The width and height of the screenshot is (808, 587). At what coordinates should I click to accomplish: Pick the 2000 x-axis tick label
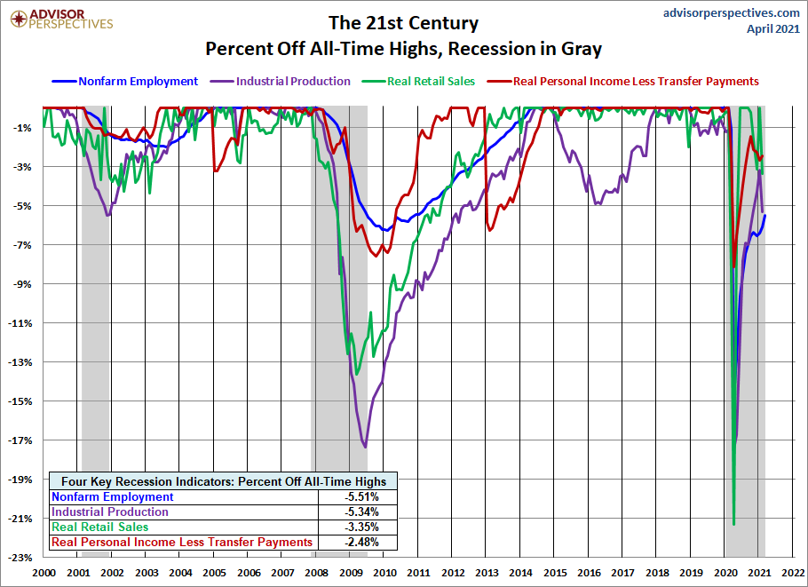[x=44, y=574]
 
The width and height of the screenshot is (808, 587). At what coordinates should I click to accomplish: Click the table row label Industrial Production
[x=110, y=512]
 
